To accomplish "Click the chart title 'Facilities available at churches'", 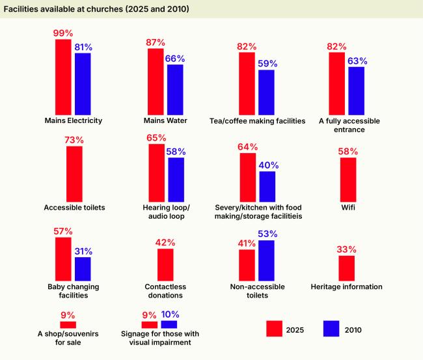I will [96, 9].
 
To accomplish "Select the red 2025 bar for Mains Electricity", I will [63, 77].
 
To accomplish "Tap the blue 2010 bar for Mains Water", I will [175, 89].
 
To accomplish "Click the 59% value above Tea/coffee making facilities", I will [267, 64].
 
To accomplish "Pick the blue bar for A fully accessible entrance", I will [357, 90].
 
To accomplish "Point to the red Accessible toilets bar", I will [74, 173].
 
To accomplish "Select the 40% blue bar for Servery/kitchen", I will [267, 186].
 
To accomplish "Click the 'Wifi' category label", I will [348, 208].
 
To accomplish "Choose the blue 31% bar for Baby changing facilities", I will [83, 268].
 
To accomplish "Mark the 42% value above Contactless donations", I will [165, 242].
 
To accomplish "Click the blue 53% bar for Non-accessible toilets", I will [266, 260].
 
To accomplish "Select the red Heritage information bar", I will [347, 268].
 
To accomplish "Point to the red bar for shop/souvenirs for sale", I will [68, 324].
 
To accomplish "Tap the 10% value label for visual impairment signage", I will [169, 314].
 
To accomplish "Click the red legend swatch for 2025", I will [273, 329].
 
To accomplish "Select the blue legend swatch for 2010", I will [331, 329].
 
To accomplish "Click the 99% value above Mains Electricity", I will [63, 33].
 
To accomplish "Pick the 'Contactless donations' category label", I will [165, 290].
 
